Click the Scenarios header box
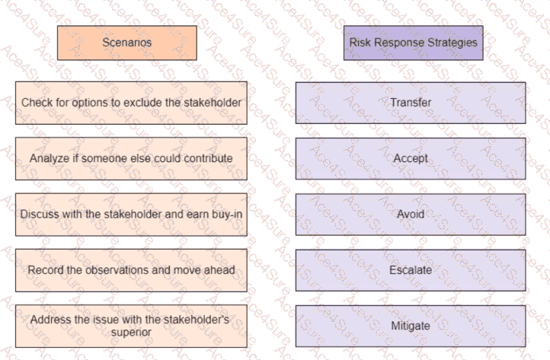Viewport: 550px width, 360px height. click(x=127, y=43)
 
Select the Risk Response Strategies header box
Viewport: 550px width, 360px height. click(x=413, y=43)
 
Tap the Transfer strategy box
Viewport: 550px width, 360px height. click(x=411, y=103)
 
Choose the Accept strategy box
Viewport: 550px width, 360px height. click(x=411, y=158)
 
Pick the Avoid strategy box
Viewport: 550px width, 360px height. click(x=411, y=214)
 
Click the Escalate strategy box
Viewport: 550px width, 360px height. click(x=411, y=270)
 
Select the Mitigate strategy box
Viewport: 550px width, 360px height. click(x=411, y=326)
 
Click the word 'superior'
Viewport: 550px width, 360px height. click(x=131, y=333)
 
